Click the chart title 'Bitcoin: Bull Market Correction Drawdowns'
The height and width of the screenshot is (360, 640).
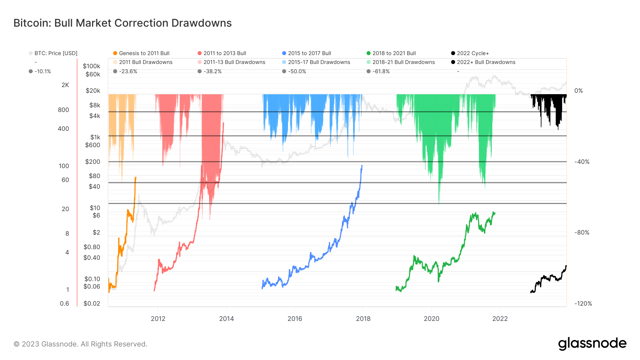pyautogui.click(x=122, y=23)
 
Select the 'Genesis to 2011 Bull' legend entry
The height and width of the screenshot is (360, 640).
pyautogui.click(x=144, y=53)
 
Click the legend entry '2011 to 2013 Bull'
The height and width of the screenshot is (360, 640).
pyautogui.click(x=225, y=53)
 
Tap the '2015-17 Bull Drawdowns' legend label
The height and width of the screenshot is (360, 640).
pyautogui.click(x=319, y=62)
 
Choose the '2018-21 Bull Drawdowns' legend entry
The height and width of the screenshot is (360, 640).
pyautogui.click(x=404, y=62)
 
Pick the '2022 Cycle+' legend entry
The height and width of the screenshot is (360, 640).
pyautogui.click(x=473, y=53)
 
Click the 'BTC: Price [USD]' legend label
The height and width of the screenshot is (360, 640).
pyautogui.click(x=56, y=53)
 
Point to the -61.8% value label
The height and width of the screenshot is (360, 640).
pyautogui.click(x=381, y=71)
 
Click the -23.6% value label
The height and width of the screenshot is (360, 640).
pyautogui.click(x=128, y=71)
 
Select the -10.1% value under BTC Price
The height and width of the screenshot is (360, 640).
pyautogui.click(x=43, y=71)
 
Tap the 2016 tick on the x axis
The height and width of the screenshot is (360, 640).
pyautogui.click(x=295, y=319)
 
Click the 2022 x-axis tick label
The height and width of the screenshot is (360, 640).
pyautogui.click(x=500, y=319)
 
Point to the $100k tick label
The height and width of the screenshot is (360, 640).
pyautogui.click(x=91, y=66)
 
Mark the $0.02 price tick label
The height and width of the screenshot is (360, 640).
pyautogui.click(x=92, y=303)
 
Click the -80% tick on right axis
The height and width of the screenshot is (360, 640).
pyautogui.click(x=582, y=232)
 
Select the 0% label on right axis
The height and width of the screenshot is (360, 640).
pyautogui.click(x=578, y=91)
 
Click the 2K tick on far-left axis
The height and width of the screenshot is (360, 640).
pyautogui.click(x=65, y=85)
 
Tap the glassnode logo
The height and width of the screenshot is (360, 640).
pyautogui.click(x=592, y=344)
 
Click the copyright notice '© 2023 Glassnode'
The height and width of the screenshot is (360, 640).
pyautogui.click(x=80, y=344)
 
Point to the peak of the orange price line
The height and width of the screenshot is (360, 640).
pyautogui.click(x=135, y=177)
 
